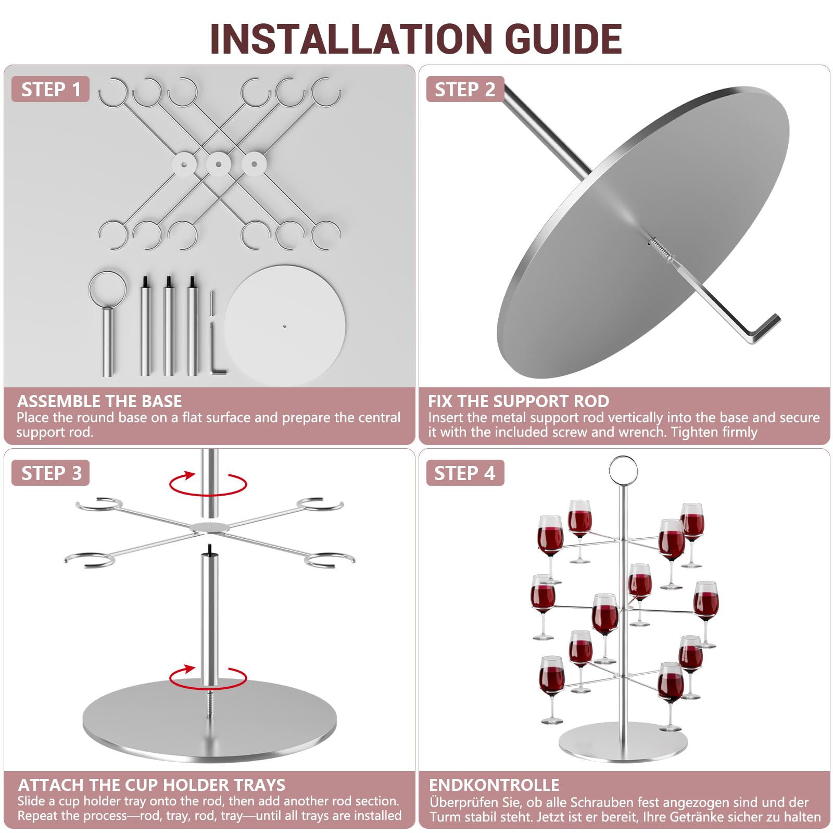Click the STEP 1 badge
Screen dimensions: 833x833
pyautogui.click(x=51, y=89)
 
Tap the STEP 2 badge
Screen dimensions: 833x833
pyautogui.click(x=465, y=89)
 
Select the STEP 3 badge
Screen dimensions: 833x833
pyautogui.click(x=51, y=473)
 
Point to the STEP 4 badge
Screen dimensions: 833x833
pyautogui.click(x=465, y=473)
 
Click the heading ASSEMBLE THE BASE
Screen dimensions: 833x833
pyautogui.click(x=99, y=401)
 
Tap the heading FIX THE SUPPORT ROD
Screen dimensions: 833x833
pyautogui.click(x=519, y=401)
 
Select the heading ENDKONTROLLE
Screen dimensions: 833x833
pyautogui.click(x=494, y=785)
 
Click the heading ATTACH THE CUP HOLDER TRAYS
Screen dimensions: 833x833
pyautogui.click(x=152, y=785)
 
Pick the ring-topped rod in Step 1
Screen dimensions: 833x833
pyautogui.click(x=107, y=324)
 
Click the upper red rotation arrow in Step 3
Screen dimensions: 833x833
pyautogui.click(x=208, y=484)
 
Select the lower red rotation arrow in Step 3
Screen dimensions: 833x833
pyautogui.click(x=208, y=677)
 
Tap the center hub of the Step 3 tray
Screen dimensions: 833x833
pyautogui.click(x=210, y=527)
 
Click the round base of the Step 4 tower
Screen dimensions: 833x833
pyautogui.click(x=623, y=742)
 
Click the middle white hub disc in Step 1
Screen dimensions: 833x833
pyautogui.click(x=219, y=164)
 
